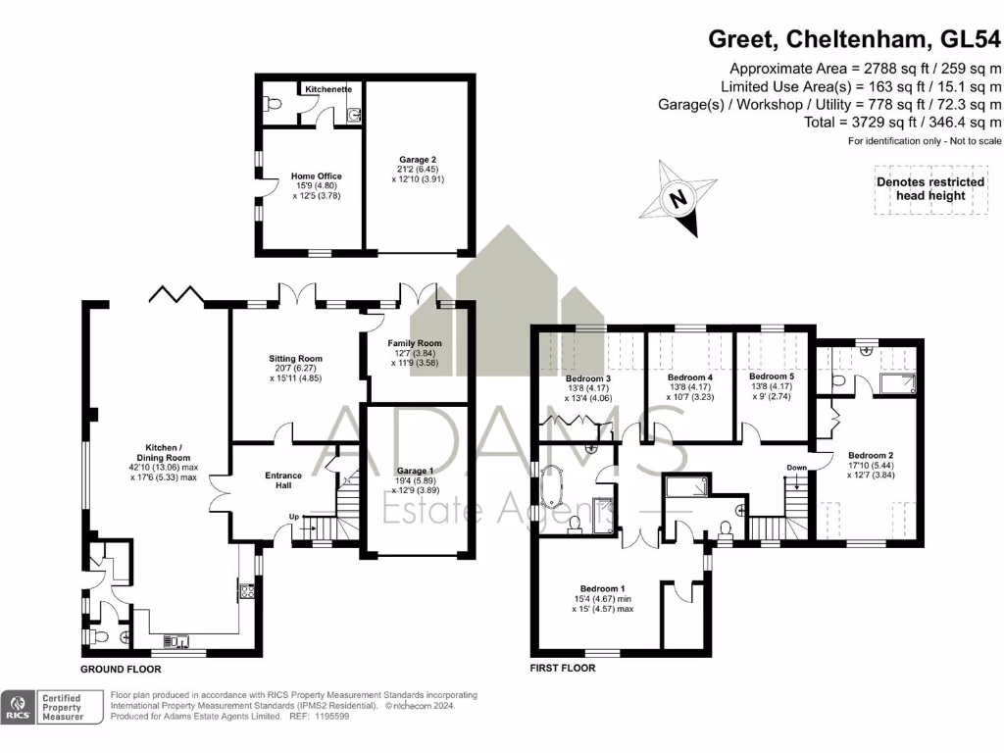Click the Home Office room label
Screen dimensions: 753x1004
(317, 176)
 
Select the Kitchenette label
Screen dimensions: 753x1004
(327, 89)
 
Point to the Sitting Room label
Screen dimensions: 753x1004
(295, 359)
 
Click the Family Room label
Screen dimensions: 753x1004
(417, 343)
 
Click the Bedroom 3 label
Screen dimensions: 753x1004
(588, 378)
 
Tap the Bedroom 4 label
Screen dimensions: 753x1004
(688, 377)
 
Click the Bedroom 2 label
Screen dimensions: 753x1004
(871, 455)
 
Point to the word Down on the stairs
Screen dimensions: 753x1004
(796, 468)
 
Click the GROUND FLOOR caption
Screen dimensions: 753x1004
(120, 670)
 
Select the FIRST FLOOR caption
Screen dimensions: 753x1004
(563, 668)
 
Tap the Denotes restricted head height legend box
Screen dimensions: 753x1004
(930, 189)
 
